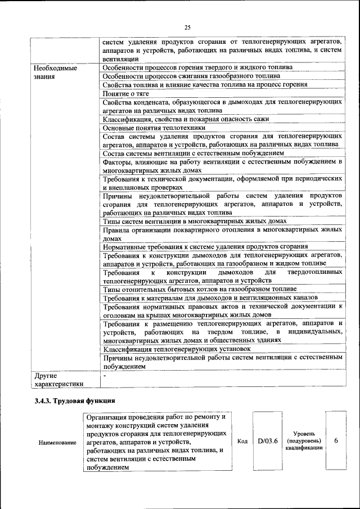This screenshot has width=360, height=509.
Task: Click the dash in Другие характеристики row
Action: pos(105,375)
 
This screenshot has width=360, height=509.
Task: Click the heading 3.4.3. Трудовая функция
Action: pos(74,401)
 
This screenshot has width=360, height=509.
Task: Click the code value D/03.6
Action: pos(268,441)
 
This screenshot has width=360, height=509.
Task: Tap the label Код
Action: pos(242,441)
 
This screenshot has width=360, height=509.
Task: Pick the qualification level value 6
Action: pos(336,441)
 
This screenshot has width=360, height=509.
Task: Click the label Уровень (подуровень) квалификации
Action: pos(304,441)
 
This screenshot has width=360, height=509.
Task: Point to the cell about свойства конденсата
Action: pos(222,106)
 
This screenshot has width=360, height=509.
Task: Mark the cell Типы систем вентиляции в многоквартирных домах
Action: pos(191,222)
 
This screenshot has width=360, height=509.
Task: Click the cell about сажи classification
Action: pos(186,119)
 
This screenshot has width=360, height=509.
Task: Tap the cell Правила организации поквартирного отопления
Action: pos(222,234)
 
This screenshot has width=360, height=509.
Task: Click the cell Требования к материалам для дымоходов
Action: pos(211,298)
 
